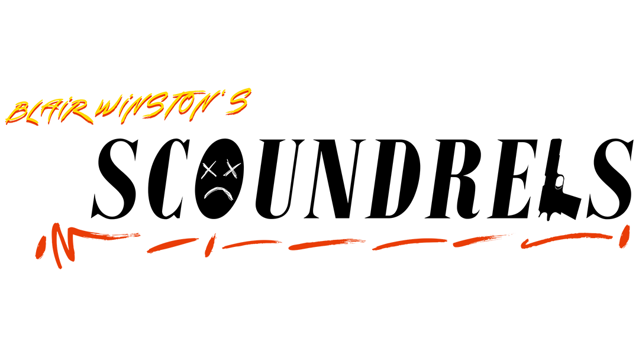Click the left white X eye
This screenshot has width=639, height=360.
point(208,171)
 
